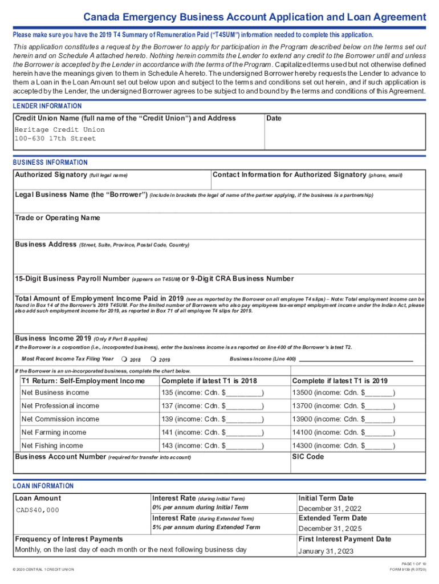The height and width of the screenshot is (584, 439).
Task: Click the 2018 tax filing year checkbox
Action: (124, 359)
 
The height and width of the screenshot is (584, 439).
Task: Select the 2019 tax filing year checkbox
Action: (153, 359)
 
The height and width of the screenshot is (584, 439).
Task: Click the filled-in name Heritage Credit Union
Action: (60, 129)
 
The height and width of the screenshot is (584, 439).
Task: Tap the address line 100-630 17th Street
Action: (55, 139)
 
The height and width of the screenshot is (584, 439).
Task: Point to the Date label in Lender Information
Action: (274, 118)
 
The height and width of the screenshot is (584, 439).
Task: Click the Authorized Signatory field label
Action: (51, 175)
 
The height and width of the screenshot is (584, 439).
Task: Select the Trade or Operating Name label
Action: (57, 218)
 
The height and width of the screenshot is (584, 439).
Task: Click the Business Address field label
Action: (46, 245)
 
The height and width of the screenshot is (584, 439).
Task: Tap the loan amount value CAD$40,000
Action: (37, 510)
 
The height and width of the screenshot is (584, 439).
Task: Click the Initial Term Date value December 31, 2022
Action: (330, 509)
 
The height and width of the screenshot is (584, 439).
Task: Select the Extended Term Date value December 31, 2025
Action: (330, 529)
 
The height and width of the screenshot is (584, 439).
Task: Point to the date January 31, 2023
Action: (326, 551)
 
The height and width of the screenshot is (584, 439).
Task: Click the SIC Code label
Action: (308, 457)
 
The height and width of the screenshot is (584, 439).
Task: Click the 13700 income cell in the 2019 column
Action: (343, 405)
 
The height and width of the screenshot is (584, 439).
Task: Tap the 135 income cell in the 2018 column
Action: (213, 392)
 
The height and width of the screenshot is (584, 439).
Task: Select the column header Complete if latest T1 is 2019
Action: (340, 381)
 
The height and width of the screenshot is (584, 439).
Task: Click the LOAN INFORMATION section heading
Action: (43, 486)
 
